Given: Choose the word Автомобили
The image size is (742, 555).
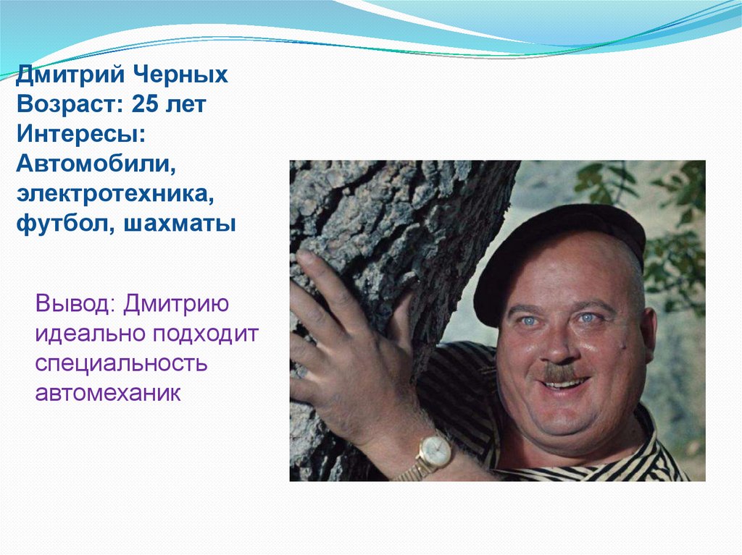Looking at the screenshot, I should click(98, 164).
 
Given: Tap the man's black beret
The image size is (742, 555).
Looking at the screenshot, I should click(558, 246).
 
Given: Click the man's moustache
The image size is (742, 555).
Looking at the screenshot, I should click(560, 373).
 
